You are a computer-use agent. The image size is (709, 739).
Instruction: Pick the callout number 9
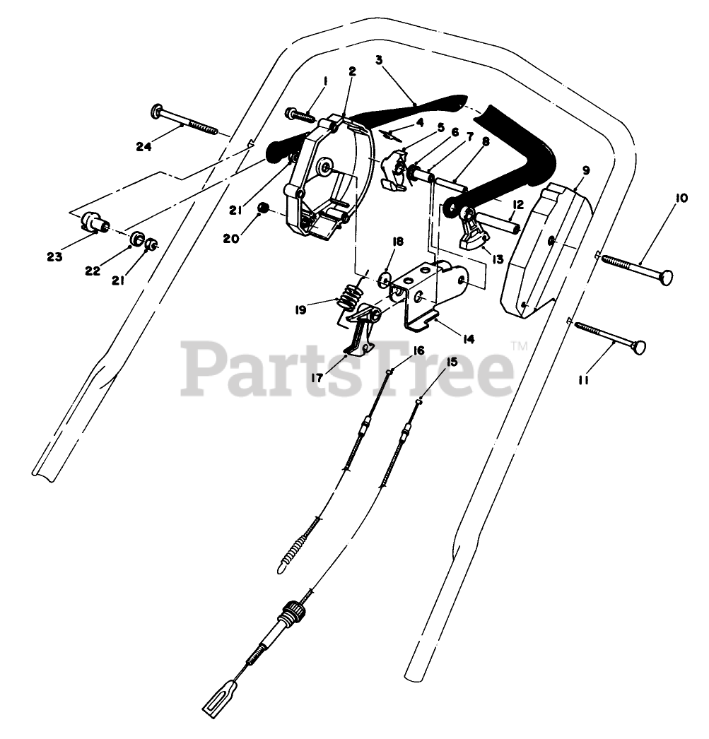[586, 170]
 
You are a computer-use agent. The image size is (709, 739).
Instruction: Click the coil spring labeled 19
[346, 296]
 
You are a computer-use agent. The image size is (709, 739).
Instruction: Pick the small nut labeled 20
[264, 208]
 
